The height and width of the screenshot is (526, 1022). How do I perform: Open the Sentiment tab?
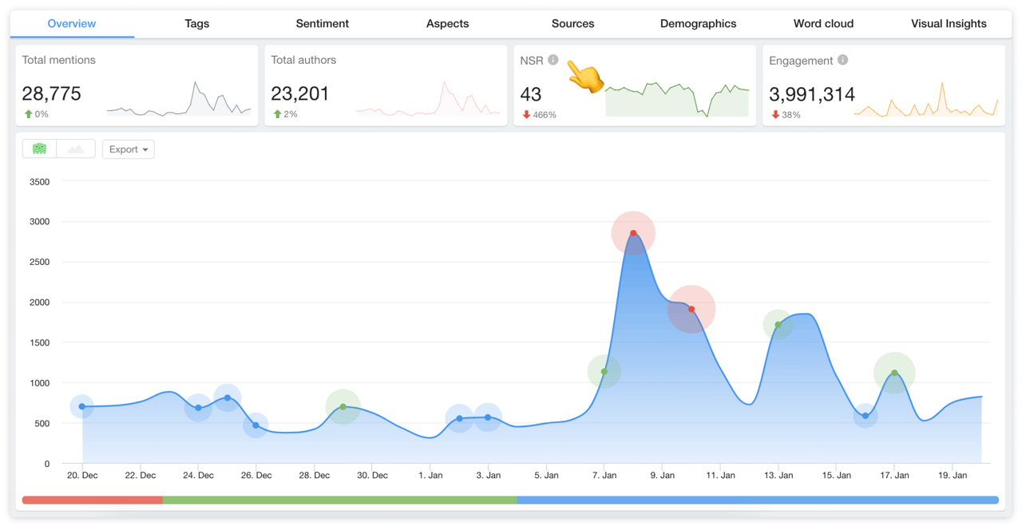point(322,24)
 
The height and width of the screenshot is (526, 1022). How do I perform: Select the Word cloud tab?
point(823,24)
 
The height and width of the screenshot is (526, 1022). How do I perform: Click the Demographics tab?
point(698,24)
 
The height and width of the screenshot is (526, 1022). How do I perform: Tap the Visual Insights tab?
point(949,24)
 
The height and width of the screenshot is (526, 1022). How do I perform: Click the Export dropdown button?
point(128,149)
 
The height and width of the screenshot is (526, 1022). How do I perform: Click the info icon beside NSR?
point(553,60)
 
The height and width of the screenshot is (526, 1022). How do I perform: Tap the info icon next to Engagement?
point(842,60)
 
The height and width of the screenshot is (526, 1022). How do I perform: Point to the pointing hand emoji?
point(585,77)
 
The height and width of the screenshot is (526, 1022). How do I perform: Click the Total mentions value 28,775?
point(52,94)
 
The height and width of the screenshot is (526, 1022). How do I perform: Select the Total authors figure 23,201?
point(300,94)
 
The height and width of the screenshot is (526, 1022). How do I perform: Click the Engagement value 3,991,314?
point(812,94)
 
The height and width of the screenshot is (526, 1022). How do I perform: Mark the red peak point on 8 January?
point(633,234)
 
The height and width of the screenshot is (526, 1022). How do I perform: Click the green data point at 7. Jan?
point(604,372)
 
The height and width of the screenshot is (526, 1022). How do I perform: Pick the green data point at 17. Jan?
point(894,373)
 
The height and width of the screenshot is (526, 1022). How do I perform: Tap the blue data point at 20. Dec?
point(82,407)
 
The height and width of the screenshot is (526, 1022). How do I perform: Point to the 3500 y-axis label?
point(39,182)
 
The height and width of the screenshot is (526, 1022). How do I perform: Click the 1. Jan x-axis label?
point(430,476)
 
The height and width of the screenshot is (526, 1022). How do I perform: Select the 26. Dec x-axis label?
point(256,476)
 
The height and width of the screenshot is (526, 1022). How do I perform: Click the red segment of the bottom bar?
point(92,500)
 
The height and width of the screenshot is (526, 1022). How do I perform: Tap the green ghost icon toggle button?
point(39,149)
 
